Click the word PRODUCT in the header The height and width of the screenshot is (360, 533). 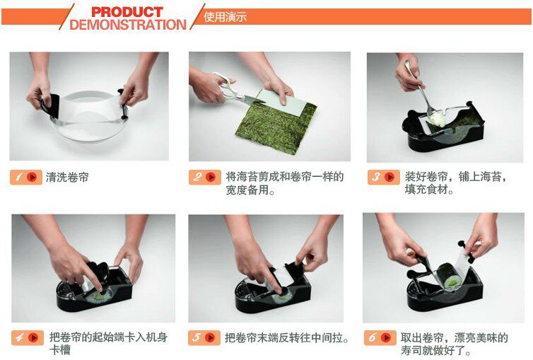(x=127, y=12)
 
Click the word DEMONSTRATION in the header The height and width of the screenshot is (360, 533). (x=128, y=25)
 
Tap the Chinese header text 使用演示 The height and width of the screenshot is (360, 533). (x=225, y=17)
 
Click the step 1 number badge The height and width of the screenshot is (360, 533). (x=26, y=177)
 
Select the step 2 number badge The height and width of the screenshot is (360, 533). (x=204, y=177)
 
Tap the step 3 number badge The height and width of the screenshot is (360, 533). (x=383, y=177)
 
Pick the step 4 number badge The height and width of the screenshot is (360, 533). (x=28, y=337)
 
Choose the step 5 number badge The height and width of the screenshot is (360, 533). (x=204, y=337)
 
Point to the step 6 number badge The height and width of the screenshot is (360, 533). (x=380, y=337)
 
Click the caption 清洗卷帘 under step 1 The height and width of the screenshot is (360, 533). (x=67, y=177)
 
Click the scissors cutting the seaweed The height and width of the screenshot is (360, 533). (x=236, y=89)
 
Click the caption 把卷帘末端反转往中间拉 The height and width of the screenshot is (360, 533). (x=287, y=338)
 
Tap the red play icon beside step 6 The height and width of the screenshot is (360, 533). (x=386, y=337)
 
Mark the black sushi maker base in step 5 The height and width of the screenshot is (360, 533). (x=272, y=296)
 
